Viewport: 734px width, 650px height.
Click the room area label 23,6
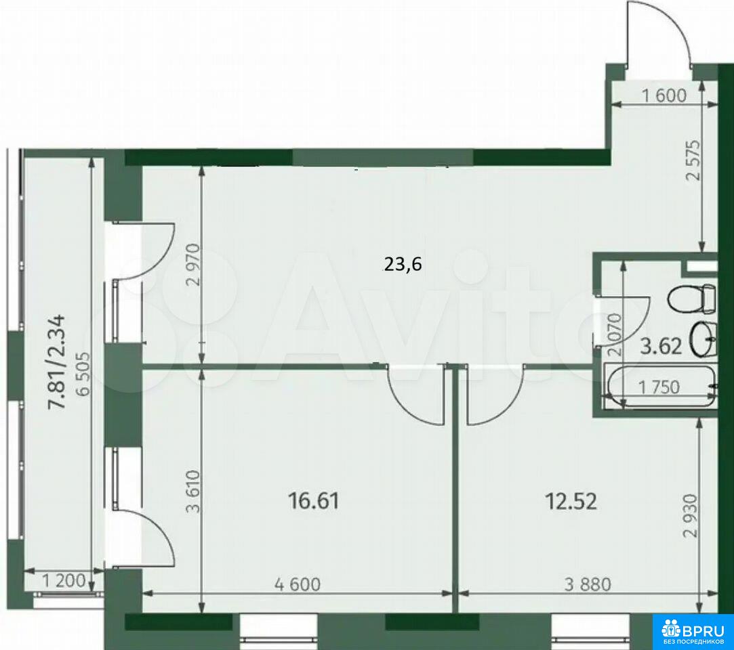(403, 265)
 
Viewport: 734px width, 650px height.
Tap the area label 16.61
(313, 501)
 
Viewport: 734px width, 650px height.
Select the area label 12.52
(571, 502)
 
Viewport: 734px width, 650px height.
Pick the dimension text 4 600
(298, 584)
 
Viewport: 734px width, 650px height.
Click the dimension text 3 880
(588, 584)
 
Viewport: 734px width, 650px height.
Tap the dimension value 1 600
(664, 95)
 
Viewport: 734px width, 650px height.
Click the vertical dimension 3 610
(193, 491)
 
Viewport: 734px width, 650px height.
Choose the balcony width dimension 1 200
(64, 581)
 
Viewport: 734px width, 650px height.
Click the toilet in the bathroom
(693, 299)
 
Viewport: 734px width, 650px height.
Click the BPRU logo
(693, 631)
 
